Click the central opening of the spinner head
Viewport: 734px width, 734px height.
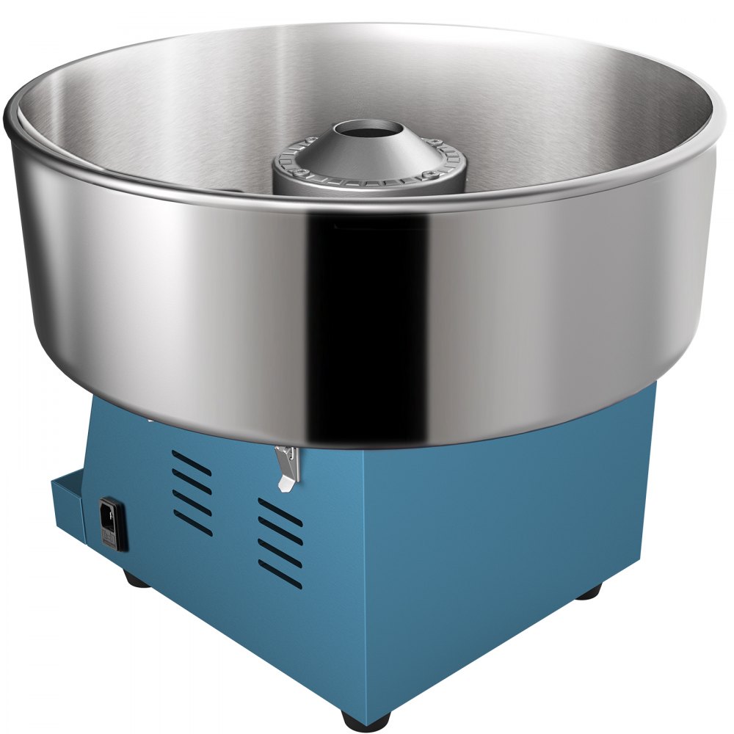369,132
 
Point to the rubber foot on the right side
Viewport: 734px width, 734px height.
587,592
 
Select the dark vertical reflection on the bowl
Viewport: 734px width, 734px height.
367,308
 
